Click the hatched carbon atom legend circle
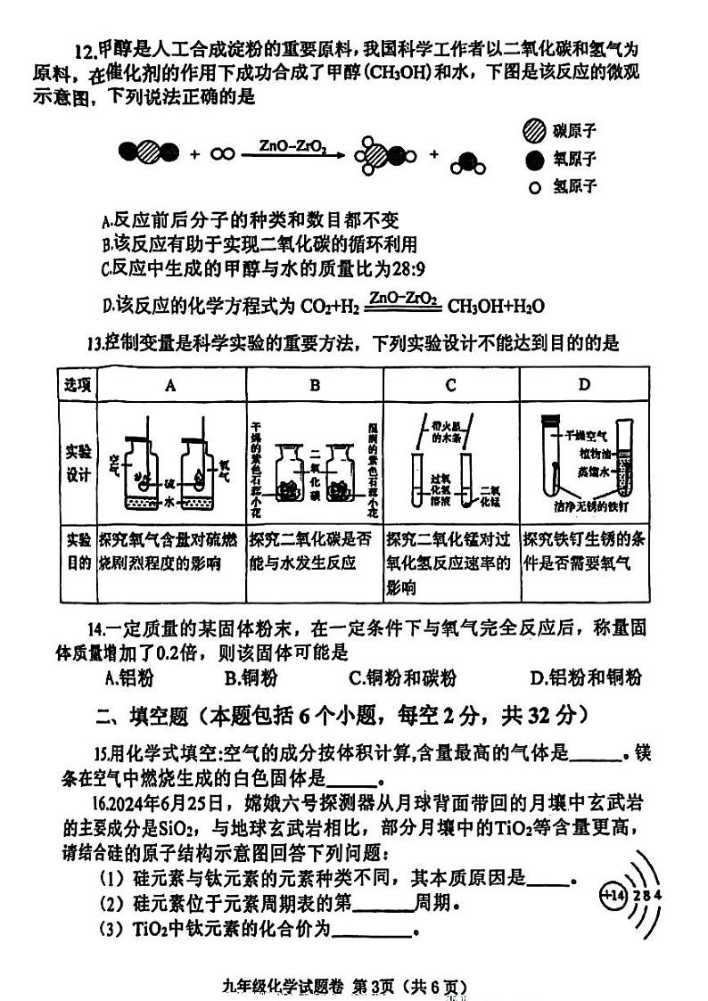(534, 132)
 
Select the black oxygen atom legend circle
(534, 160)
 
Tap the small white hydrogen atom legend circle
(535, 187)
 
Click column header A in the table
(170, 384)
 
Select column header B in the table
(315, 384)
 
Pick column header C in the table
(450, 384)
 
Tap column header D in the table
(584, 384)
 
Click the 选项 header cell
(77, 384)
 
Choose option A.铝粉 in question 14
(129, 678)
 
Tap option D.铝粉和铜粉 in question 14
(585, 678)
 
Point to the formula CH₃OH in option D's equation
(477, 307)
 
